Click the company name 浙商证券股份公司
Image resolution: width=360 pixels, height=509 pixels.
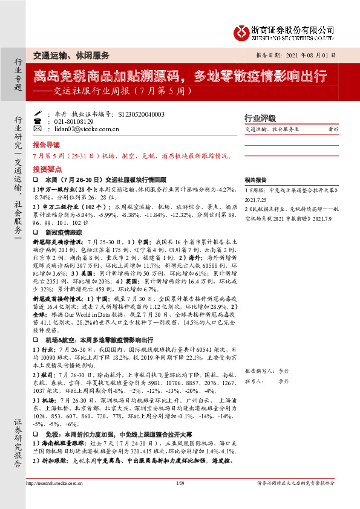(x=293, y=28)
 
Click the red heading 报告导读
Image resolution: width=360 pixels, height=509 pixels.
(x=47, y=145)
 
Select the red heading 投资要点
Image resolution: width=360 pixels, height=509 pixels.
(x=47, y=170)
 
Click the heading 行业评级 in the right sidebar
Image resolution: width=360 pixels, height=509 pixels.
(x=260, y=118)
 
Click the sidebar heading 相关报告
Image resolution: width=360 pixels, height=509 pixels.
(x=255, y=181)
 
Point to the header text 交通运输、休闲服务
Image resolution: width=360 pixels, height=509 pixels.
(x=71, y=55)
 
